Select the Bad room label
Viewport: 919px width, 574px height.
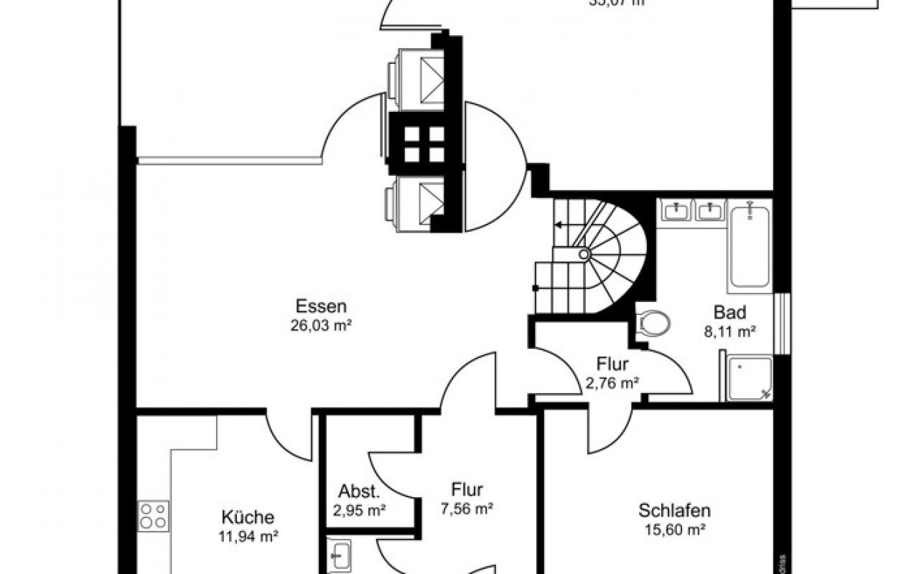click(x=729, y=313)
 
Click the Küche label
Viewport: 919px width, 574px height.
click(x=248, y=517)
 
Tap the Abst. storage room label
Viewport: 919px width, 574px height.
click(x=359, y=493)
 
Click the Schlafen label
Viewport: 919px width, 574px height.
click(x=674, y=511)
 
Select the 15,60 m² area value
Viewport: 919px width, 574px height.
click(x=674, y=530)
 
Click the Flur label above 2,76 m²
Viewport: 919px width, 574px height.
click(x=612, y=364)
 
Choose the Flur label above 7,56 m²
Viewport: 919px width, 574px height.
click(x=467, y=490)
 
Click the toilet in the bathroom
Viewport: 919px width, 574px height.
click(x=653, y=324)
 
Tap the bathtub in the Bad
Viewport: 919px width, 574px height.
click(x=750, y=248)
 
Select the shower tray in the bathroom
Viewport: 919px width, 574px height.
click(x=750, y=377)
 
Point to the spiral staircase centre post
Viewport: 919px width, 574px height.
click(x=584, y=253)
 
